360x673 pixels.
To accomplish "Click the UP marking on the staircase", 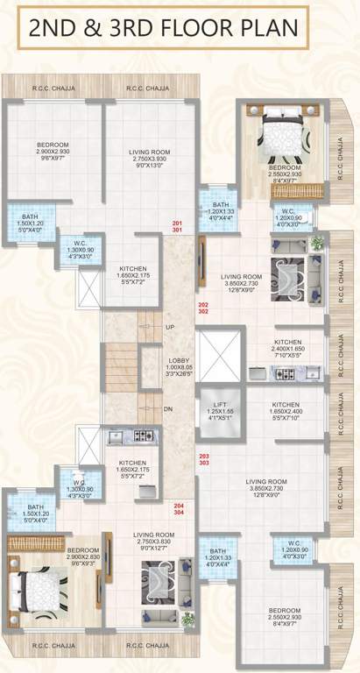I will [x=170, y=327].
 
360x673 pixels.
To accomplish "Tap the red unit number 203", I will [x=203, y=457].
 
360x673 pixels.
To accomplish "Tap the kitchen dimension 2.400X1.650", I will [x=287, y=349].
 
